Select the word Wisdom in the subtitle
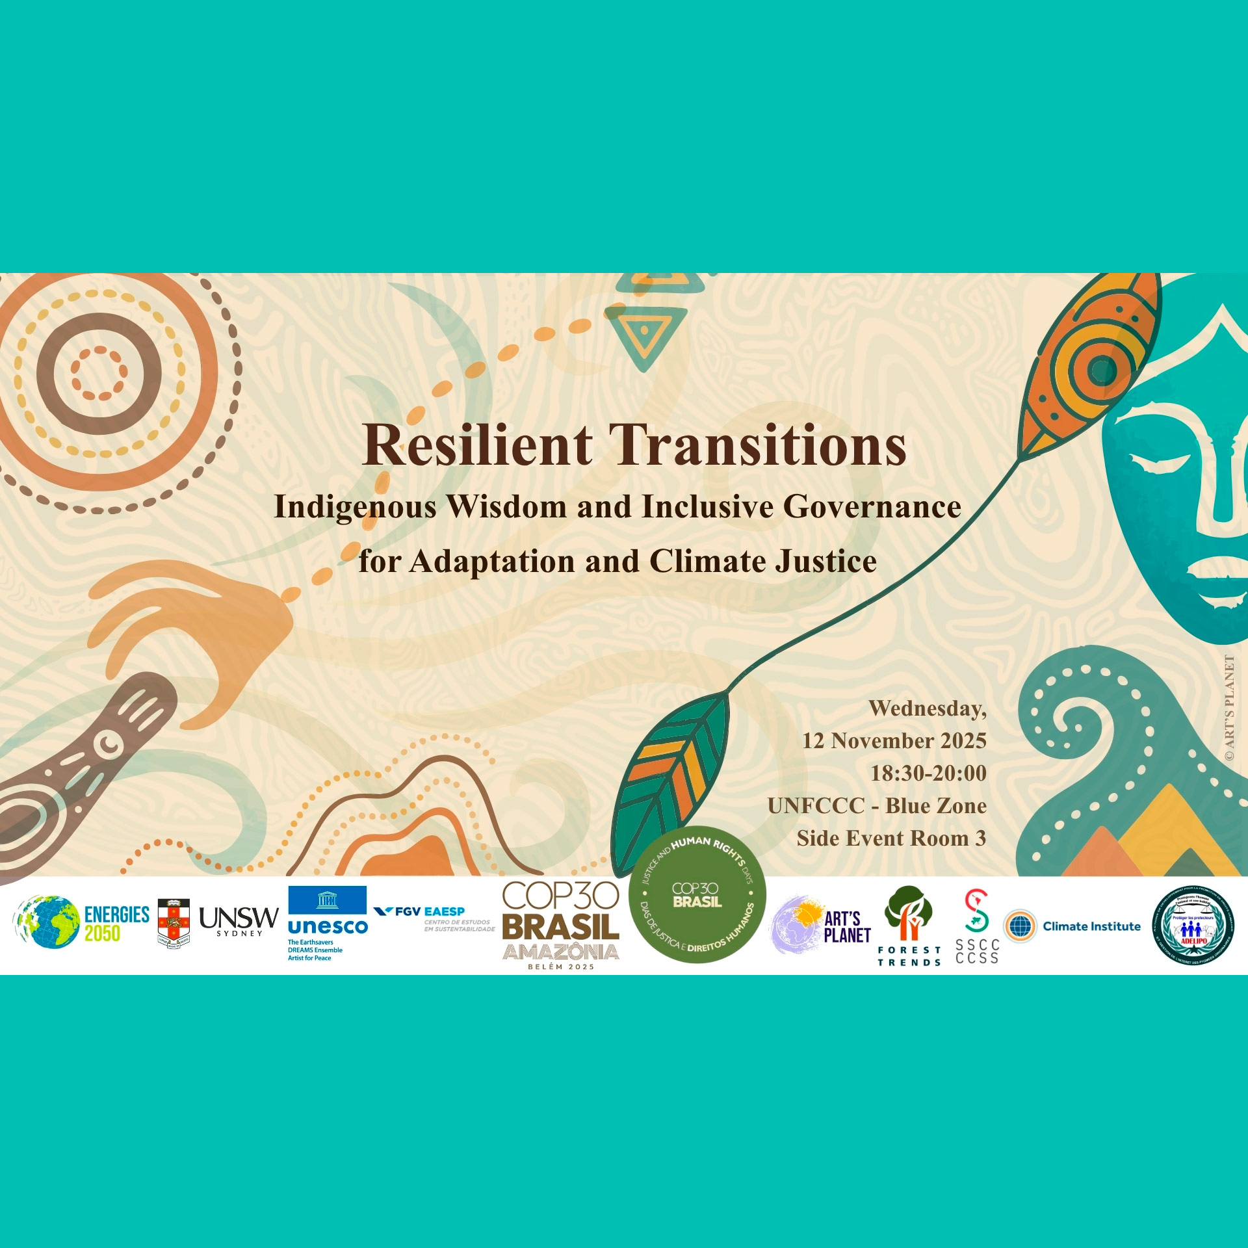[507, 507]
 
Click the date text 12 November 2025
[894, 741]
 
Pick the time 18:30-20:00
[928, 773]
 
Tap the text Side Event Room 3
[891, 838]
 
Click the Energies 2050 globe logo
[45, 922]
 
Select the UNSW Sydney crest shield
[174, 924]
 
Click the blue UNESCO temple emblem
[327, 900]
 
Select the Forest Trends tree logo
[909, 913]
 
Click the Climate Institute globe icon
[1020, 926]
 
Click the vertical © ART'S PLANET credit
[1228, 708]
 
